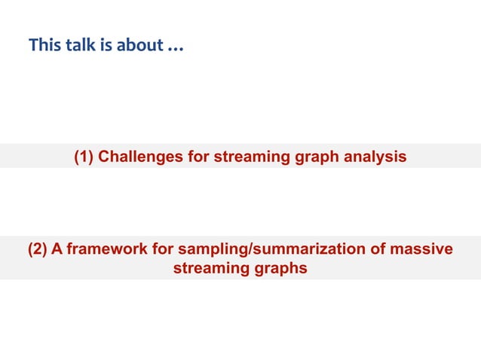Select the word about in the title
[139, 46]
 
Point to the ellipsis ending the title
[175, 47]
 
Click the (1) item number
[84, 157]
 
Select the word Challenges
[142, 157]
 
